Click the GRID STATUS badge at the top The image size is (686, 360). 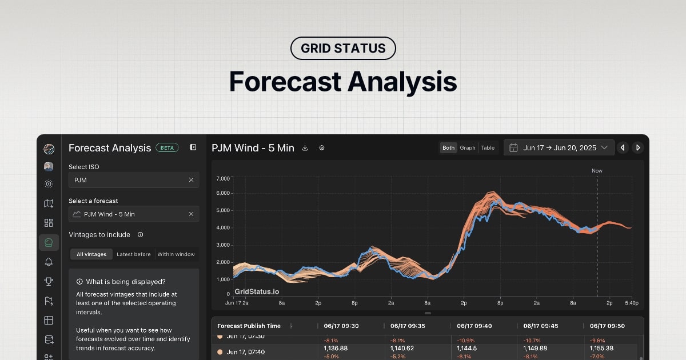pos(343,48)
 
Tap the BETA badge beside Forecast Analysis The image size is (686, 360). pos(167,147)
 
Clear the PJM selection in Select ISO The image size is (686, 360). pos(191,180)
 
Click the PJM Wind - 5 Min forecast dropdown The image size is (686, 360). pos(134,214)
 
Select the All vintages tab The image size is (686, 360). pos(91,254)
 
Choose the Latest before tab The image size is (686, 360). pos(134,254)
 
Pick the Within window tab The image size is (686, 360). pos(176,254)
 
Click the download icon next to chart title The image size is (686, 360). pos(305,148)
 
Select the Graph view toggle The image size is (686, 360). pos(468,147)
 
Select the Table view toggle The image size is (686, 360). pos(488,147)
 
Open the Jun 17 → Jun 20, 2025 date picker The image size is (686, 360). pos(559,147)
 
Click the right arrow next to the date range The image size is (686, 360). pos(638,147)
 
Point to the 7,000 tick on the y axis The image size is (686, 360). pos(223,179)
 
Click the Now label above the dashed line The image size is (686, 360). pos(597,171)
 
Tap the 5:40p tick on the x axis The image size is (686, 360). pos(632,302)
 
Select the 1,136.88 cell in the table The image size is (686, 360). pos(336,348)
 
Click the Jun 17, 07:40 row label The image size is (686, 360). pos(246,352)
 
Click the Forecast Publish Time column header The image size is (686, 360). pos(249,326)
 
